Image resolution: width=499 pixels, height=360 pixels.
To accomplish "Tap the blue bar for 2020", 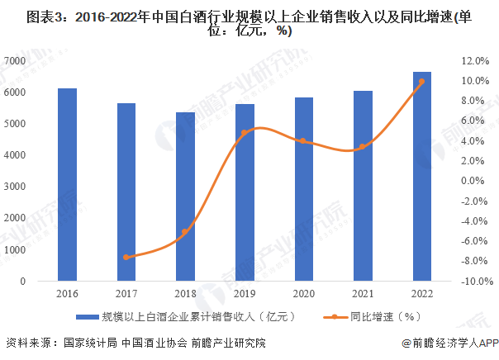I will [303, 189].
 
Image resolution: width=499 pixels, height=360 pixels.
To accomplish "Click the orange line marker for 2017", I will [126, 257].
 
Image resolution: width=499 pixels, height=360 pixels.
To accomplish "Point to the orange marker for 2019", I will [245, 132].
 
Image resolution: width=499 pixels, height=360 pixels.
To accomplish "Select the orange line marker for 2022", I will [421, 81].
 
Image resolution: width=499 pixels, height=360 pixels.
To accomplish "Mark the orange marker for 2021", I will [362, 146].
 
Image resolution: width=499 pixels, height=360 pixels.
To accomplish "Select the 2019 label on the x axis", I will [245, 292].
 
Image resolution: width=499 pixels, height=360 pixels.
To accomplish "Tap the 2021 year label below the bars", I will [362, 292].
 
